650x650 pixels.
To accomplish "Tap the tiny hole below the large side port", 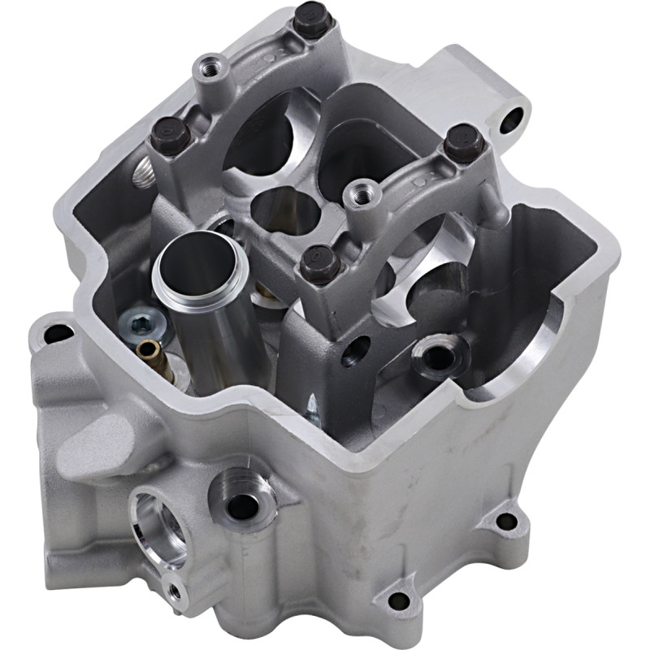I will [173, 589].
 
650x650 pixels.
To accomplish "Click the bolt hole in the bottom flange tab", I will [398, 601].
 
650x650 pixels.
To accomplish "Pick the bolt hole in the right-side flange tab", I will [506, 521].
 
